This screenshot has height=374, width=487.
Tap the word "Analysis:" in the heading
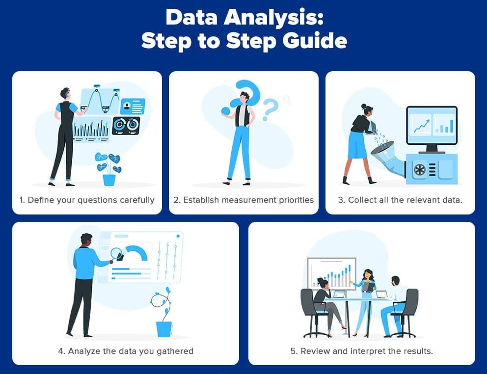point(274,17)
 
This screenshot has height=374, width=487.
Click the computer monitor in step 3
point(432,129)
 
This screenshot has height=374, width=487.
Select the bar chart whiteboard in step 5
point(331,274)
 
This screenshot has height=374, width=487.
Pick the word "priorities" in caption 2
point(296,200)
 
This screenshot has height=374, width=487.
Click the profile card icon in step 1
point(133,106)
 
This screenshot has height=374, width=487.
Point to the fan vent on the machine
point(420,170)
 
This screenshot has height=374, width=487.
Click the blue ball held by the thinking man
point(226,111)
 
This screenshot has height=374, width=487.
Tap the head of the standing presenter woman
point(368,274)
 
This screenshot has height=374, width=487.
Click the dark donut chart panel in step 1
point(126,126)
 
